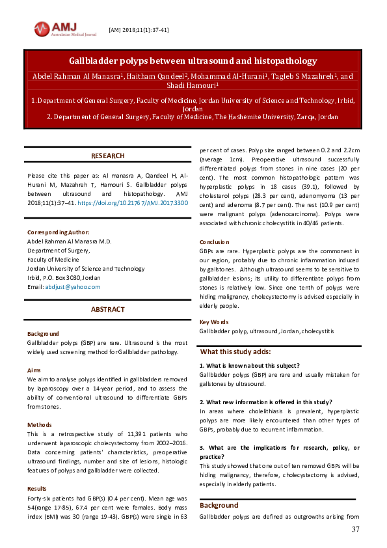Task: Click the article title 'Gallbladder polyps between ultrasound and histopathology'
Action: pos(193,61)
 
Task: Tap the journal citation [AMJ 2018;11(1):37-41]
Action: pos(139,30)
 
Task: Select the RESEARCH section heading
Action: pos(108,156)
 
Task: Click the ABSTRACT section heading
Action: pos(108,309)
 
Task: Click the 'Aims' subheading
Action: pos(34,370)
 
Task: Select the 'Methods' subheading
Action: pos(40,424)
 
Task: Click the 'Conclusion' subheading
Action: pos(215,242)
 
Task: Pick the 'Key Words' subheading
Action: pos(214,322)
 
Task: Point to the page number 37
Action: pos(355,529)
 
